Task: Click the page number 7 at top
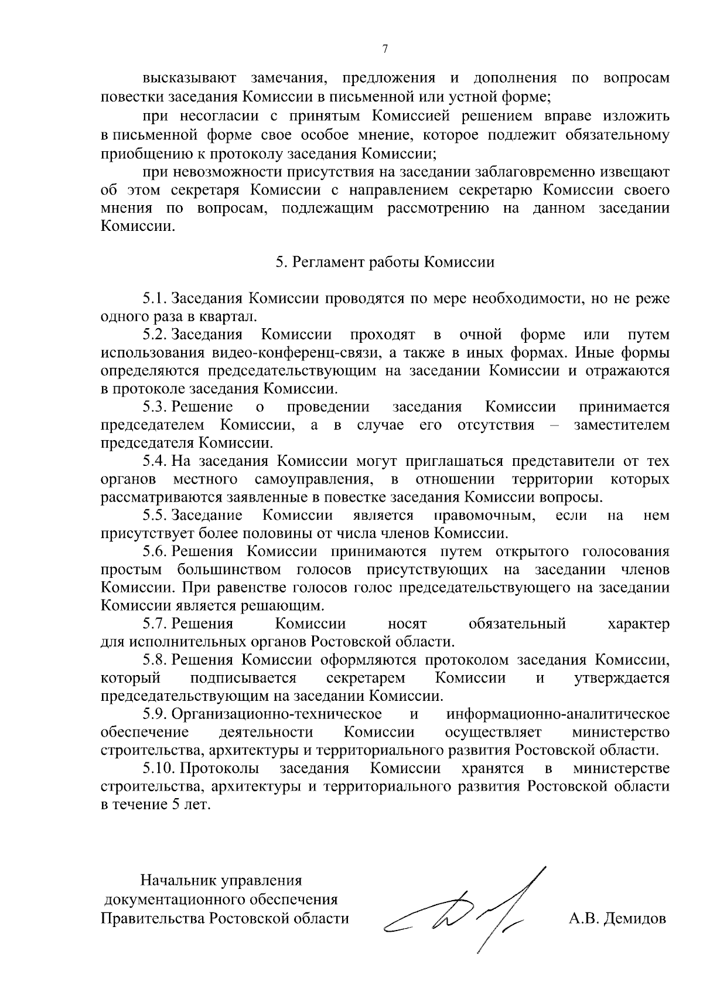coord(385,49)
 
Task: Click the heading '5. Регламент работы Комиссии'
coord(385,262)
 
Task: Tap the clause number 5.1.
coord(155,298)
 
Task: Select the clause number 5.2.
coord(155,335)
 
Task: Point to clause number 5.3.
coord(155,407)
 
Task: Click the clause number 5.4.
coord(155,461)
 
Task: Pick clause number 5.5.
coord(155,515)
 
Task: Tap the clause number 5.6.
coord(155,551)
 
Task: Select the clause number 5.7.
coord(155,623)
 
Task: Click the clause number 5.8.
coord(155,660)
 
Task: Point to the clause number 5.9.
coord(155,714)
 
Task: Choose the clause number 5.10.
coord(159,768)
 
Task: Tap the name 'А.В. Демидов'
coord(617,918)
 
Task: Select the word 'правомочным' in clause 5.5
coord(484,515)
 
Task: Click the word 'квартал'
coord(232,317)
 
